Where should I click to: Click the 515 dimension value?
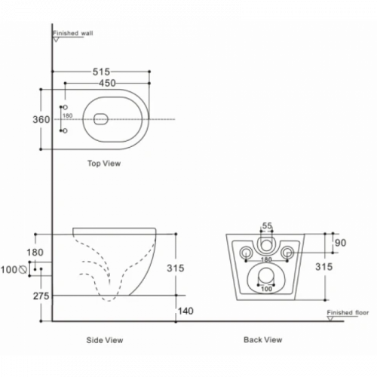point(101,72)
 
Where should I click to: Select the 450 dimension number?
point(107,83)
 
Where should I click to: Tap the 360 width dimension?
point(41,119)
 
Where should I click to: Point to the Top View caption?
point(104,164)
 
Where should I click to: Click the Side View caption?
point(105,340)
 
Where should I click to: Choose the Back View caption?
point(263,340)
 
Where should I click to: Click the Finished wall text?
point(73,33)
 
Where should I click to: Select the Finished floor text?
point(348,313)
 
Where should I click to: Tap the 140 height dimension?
point(185,311)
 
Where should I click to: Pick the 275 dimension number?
point(41,296)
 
